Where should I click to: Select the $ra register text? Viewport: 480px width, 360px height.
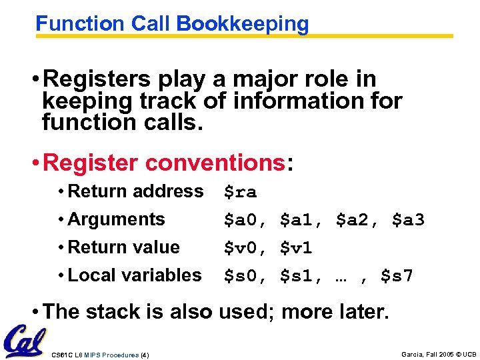click(240, 193)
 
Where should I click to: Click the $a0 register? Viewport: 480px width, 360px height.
click(243, 221)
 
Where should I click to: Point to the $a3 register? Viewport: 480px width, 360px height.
click(408, 221)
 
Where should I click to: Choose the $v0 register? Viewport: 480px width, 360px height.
click(243, 249)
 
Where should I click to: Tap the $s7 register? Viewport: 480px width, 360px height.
click(397, 276)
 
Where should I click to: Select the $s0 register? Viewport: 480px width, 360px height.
click(243, 276)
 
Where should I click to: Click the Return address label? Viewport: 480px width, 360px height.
click(135, 191)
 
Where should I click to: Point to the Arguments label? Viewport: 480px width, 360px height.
click(116, 219)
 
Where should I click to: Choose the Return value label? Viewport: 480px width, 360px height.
click(123, 247)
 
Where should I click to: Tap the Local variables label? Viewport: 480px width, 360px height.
click(134, 275)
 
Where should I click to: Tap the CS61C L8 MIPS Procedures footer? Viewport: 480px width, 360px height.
click(100, 355)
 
